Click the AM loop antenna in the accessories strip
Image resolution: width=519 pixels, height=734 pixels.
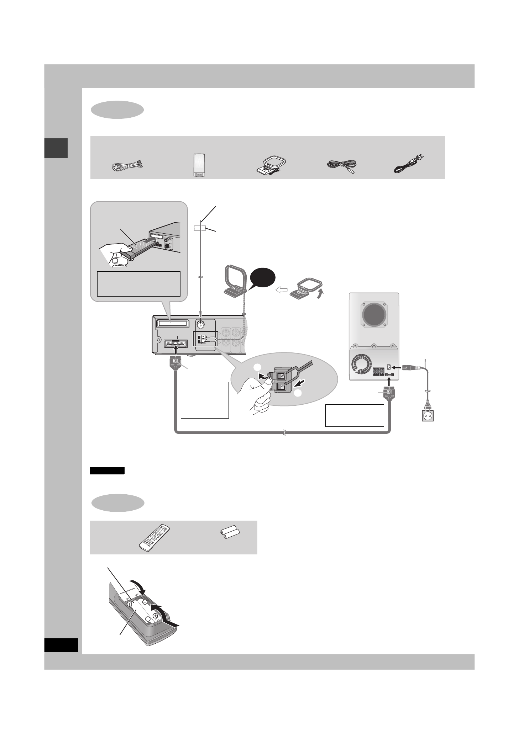coord(272,166)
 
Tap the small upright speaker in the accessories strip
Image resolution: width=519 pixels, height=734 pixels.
coord(199,165)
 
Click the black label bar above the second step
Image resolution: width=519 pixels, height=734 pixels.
coord(107,471)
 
